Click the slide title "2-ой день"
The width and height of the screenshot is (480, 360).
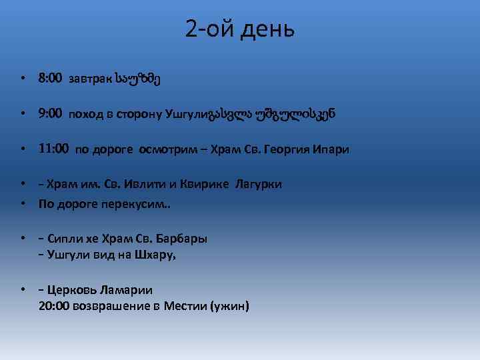(240, 31)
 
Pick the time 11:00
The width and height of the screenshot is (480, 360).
(54, 149)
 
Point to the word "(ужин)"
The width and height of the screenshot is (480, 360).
(230, 305)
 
